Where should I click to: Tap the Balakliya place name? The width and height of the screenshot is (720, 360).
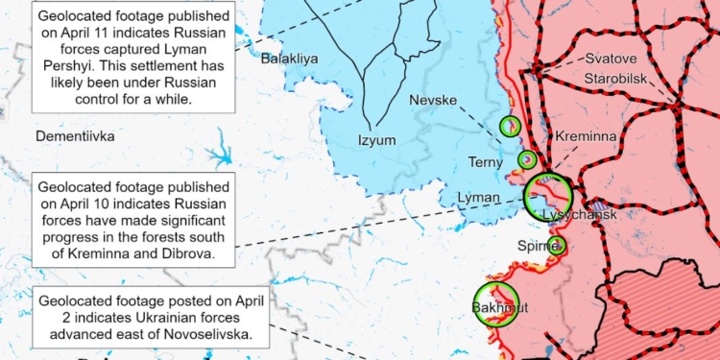(x=289, y=59)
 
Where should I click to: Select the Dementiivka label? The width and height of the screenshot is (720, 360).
(x=75, y=136)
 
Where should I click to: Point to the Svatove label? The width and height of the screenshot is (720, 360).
(x=612, y=59)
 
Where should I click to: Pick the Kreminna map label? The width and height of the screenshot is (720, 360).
(x=586, y=137)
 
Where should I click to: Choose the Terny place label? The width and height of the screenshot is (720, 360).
(x=486, y=162)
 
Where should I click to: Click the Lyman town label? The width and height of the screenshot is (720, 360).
(x=479, y=196)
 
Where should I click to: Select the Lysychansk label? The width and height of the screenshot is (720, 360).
(x=579, y=213)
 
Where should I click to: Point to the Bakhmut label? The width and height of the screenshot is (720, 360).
(x=495, y=308)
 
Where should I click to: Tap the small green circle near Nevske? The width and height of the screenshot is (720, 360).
(x=510, y=125)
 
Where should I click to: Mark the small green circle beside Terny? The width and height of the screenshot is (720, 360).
(x=527, y=159)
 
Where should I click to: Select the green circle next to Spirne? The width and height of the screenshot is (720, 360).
(x=557, y=246)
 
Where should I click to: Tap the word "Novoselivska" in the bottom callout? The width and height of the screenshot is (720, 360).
(x=209, y=334)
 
